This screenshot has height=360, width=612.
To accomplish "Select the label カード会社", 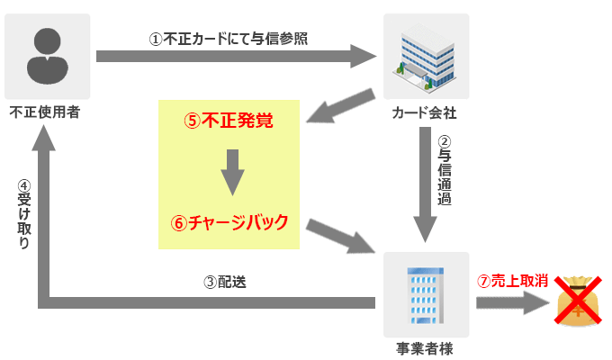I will tap(425, 114).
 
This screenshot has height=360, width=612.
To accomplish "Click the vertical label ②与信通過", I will tap(444, 171).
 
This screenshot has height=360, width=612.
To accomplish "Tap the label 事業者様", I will tap(425, 347).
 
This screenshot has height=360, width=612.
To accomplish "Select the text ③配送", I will tap(225, 281).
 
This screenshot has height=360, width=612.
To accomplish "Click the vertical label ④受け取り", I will tap(24, 216).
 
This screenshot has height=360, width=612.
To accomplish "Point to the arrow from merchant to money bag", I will tap(509, 301).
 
